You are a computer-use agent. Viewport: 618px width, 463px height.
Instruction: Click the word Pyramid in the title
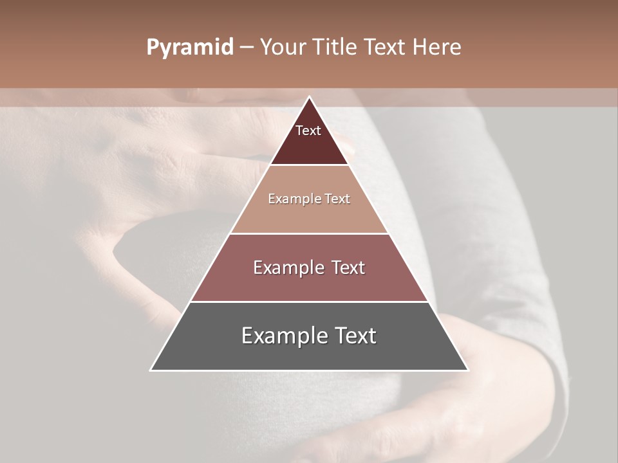pyautogui.click(x=189, y=48)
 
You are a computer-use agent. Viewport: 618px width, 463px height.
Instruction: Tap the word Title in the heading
pyautogui.click(x=333, y=48)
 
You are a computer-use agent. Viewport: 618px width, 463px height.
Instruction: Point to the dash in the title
pyautogui.click(x=247, y=48)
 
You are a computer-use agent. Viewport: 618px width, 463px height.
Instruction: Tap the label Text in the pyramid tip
pyautogui.click(x=308, y=131)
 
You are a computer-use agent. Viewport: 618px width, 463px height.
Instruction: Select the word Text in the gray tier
pyautogui.click(x=353, y=336)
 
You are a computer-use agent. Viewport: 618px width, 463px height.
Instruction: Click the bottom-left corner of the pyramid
pyautogui.click(x=151, y=370)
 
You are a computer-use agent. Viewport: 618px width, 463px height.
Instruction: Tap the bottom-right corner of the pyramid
pyautogui.click(x=467, y=370)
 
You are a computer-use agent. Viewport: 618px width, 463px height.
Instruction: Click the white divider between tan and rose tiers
pyautogui.click(x=309, y=233)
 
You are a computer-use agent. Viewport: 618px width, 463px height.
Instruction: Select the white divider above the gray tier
pyautogui.click(x=309, y=302)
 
